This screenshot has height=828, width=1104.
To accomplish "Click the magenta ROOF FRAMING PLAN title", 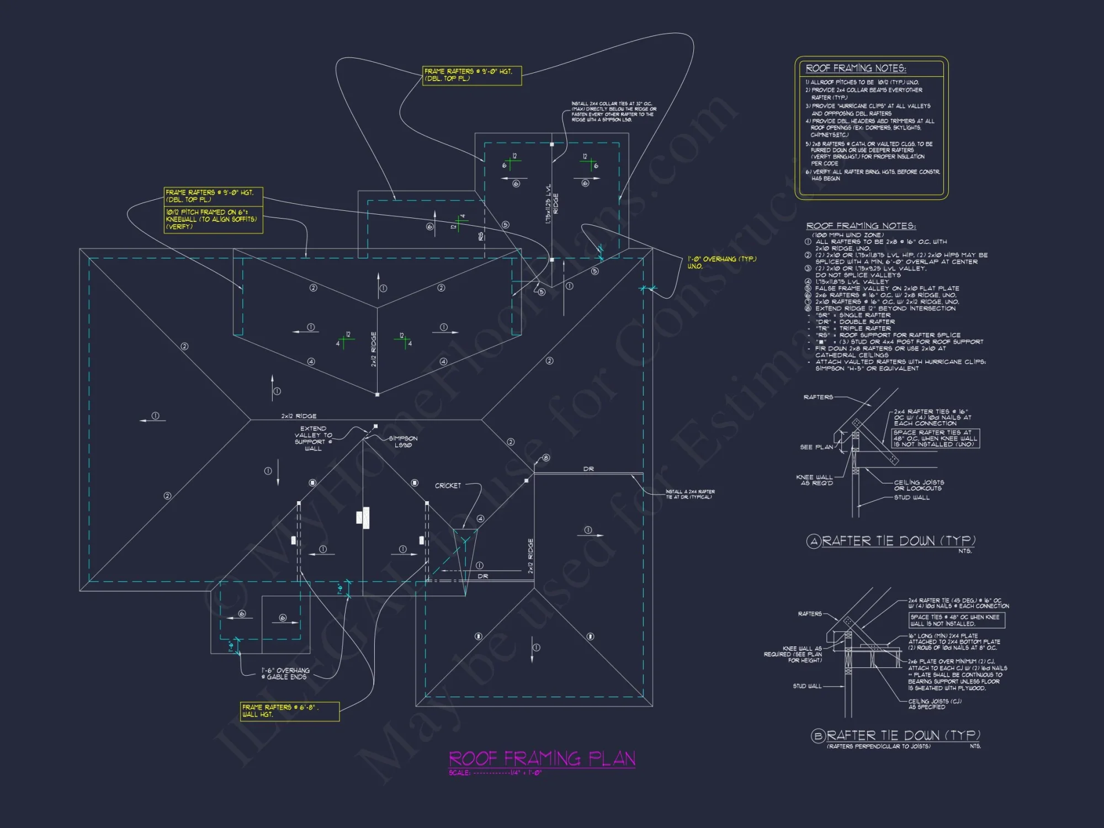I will point(542,758).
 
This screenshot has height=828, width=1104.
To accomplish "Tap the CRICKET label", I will point(448,486).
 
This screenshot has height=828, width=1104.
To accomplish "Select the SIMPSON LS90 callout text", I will point(403,442).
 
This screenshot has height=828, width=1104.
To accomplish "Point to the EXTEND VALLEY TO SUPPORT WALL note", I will point(313,438).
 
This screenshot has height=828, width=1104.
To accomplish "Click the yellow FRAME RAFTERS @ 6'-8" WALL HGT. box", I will point(289,711).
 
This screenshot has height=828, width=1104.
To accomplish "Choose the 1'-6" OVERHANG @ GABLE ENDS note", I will point(285,673).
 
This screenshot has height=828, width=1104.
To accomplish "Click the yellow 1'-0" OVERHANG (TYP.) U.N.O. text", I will point(721,262).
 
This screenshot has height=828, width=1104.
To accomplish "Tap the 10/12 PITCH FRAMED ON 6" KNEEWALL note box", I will point(213,219).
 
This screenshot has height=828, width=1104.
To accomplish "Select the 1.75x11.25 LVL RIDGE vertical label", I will point(548,204).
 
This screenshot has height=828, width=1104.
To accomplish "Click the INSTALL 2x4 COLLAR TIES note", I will point(613,112).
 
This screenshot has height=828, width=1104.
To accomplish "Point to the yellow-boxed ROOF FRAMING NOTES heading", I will point(856,68).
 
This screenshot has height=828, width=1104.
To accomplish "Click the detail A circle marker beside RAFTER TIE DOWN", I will point(814,542).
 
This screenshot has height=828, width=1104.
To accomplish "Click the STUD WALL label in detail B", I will point(807,686).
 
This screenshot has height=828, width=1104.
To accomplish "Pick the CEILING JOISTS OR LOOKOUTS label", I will point(919,485).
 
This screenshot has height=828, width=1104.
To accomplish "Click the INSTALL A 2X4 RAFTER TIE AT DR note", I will point(690,494).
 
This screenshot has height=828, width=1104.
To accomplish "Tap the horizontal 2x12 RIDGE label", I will point(299,416).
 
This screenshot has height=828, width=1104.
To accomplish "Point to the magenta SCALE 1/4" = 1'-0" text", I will point(495,773).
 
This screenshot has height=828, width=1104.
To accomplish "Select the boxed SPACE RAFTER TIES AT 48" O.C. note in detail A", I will point(935,438).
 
